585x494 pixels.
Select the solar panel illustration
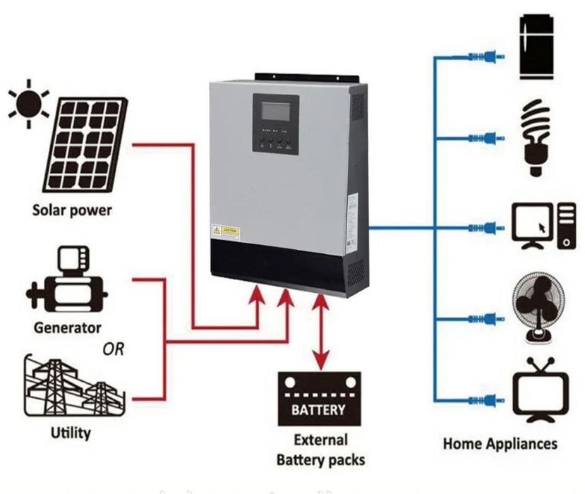click(x=85, y=145)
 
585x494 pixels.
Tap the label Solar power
click(x=72, y=210)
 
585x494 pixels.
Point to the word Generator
click(x=67, y=327)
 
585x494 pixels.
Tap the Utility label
click(x=71, y=432)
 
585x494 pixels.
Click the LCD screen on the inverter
click(x=275, y=113)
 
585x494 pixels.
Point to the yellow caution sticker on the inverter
click(x=225, y=232)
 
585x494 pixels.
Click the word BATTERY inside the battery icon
click(x=318, y=409)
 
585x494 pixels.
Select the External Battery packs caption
click(x=320, y=450)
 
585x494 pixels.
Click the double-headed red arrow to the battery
click(x=320, y=332)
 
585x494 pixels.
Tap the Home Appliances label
click(x=500, y=443)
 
